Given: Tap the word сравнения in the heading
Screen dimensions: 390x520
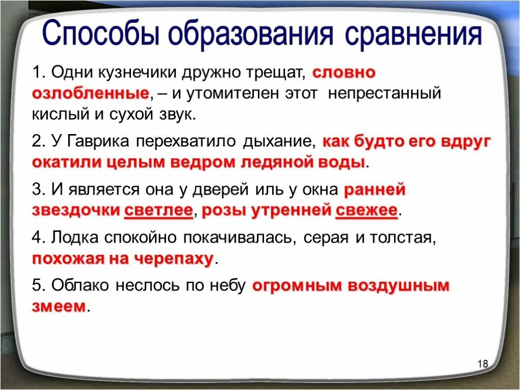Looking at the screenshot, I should pos(413,35).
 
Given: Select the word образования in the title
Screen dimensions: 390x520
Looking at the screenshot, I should pos(252,36).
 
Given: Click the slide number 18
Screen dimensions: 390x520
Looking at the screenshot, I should pos(482,364).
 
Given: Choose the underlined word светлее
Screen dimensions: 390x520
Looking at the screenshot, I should pos(158,211).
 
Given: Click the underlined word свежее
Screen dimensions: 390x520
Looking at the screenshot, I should pos(366,211).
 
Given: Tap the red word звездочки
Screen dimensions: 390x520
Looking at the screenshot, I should pos(76,211).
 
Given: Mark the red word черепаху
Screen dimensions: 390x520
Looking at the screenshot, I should pos(173,259).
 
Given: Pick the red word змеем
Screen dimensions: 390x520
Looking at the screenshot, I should pos(58,307).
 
